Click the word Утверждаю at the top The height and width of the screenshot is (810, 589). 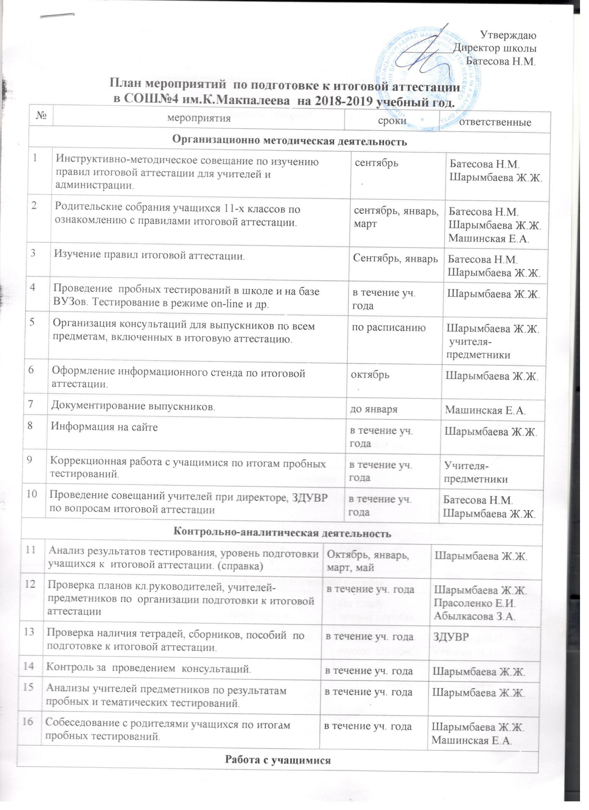coord(508,35)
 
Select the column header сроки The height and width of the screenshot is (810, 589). coord(392,120)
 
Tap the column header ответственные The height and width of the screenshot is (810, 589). coord(495,122)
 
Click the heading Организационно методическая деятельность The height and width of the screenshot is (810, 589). coord(290,141)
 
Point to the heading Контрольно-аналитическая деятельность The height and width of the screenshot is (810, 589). coord(281,534)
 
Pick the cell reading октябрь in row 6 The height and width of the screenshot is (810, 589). coord(370,375)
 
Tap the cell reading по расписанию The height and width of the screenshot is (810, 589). coord(389,328)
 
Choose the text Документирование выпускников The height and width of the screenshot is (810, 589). coord(133,406)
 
